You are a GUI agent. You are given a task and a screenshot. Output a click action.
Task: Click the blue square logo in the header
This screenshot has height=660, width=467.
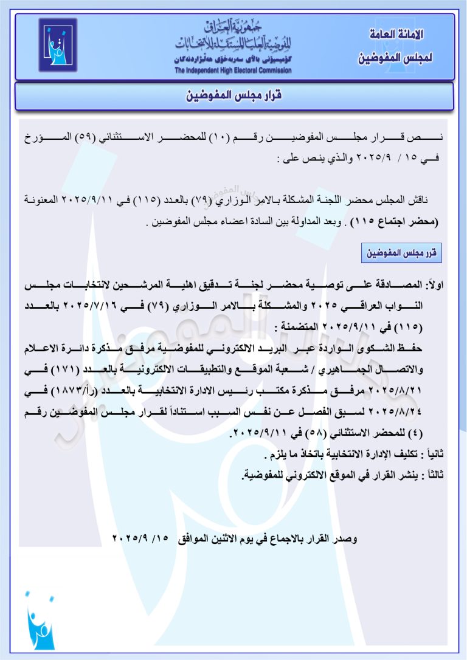[58, 45]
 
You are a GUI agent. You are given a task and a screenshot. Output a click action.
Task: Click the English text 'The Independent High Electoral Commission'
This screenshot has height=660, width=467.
[233, 70]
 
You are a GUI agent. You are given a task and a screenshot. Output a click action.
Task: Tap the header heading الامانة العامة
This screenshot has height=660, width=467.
[396, 34]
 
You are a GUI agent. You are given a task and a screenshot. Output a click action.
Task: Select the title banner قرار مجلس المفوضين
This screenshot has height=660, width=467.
[233, 96]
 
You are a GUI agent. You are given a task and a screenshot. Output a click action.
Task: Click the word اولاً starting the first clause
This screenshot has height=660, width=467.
[435, 285]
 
